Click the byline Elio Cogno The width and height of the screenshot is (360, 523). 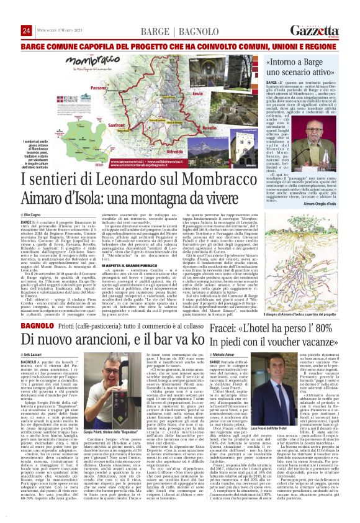[37, 214]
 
